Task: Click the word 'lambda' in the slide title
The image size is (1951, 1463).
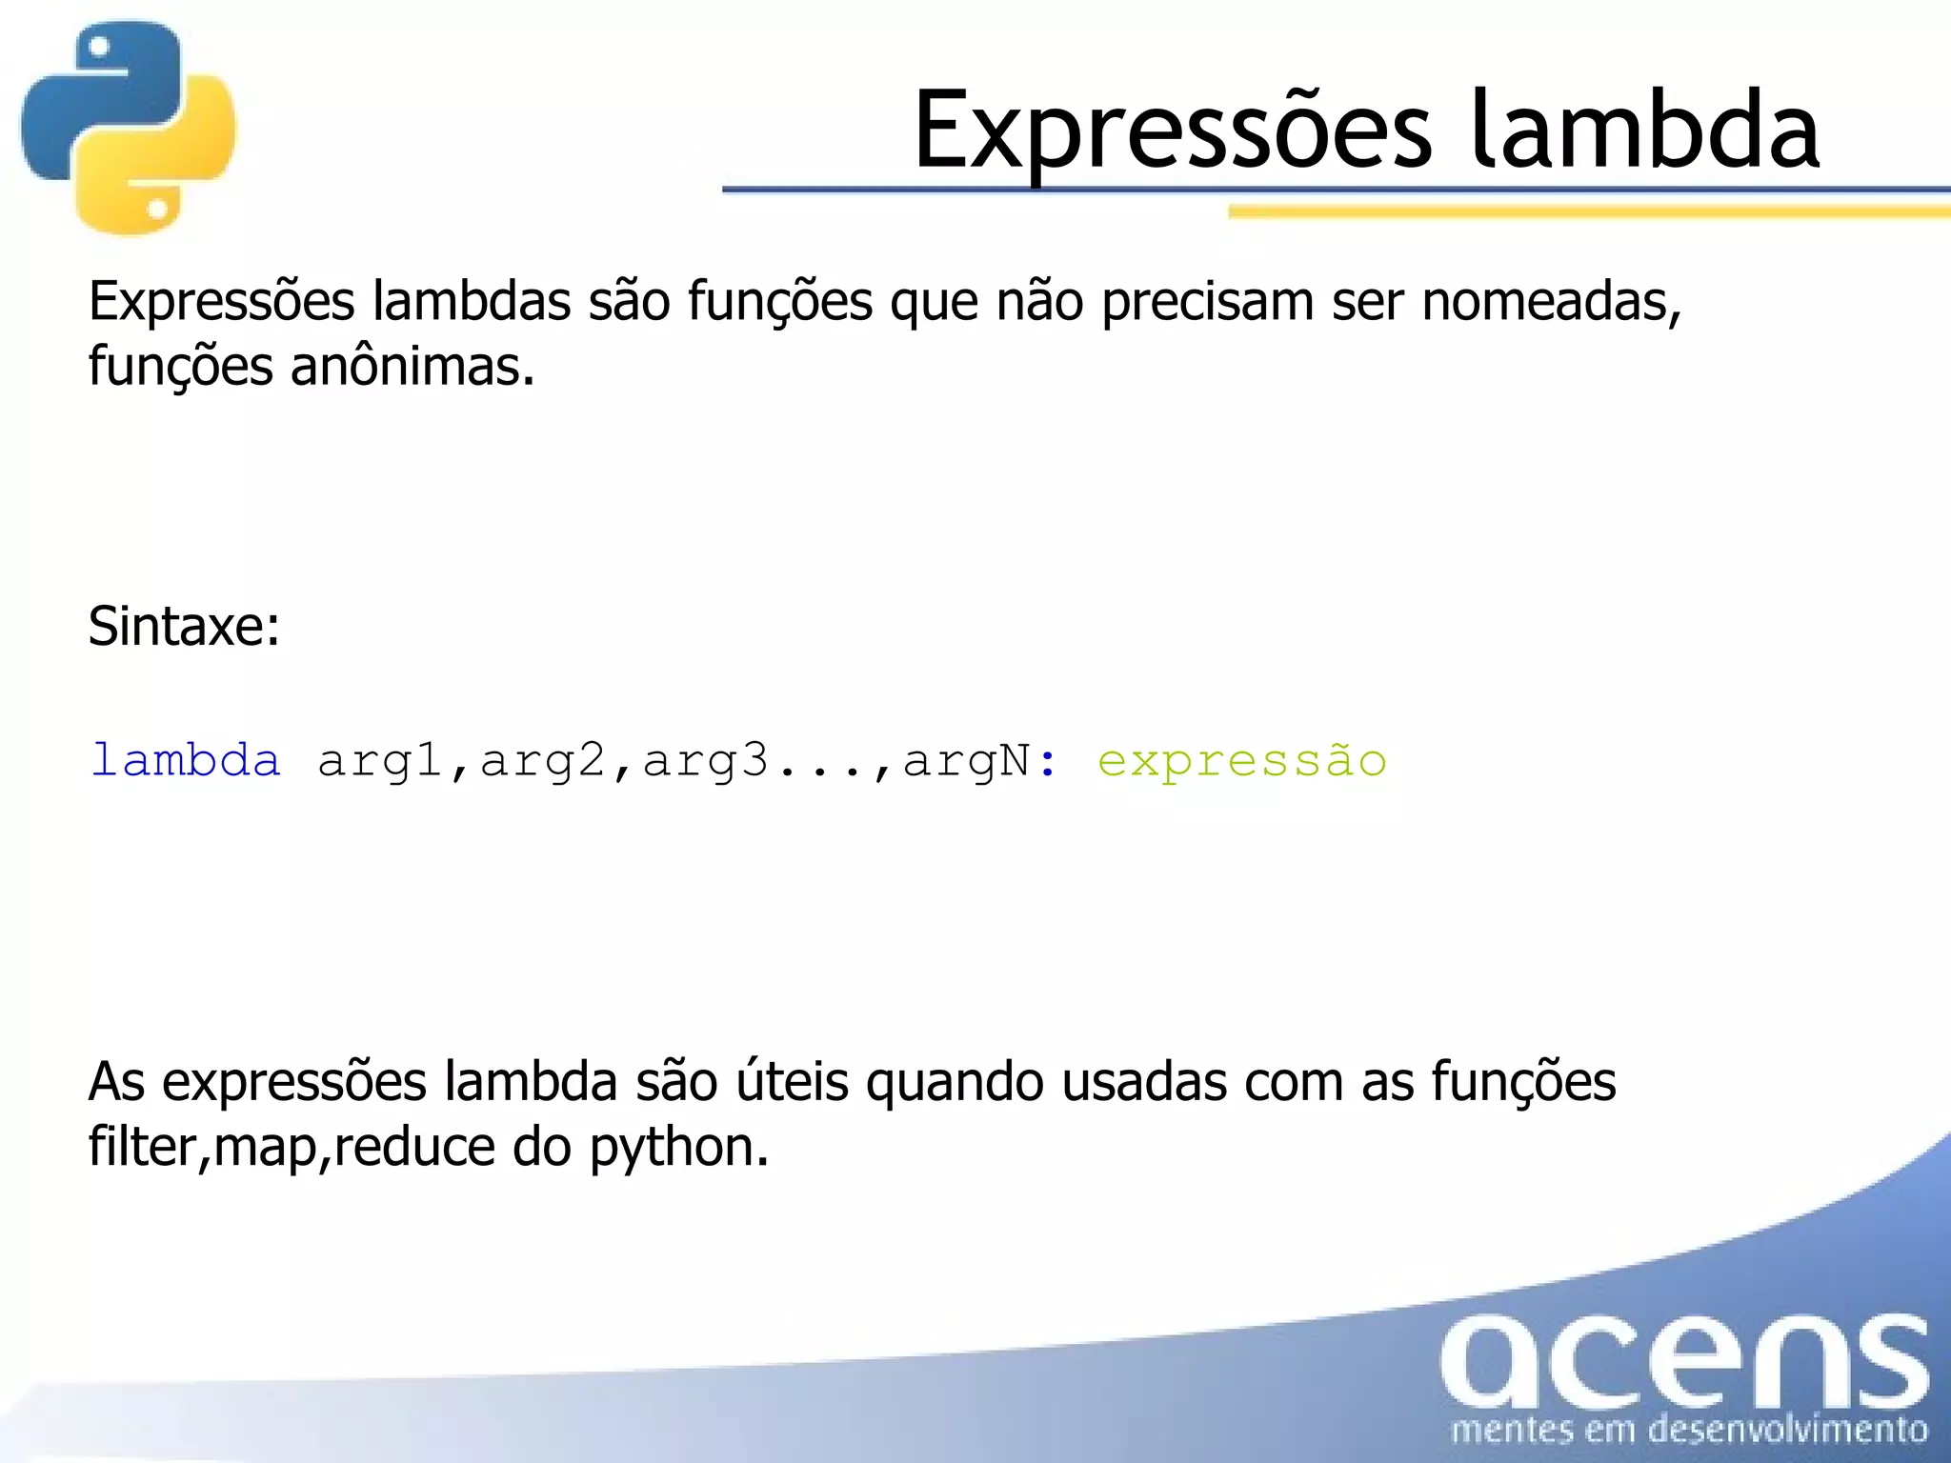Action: click(1644, 130)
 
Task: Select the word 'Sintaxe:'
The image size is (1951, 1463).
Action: click(184, 627)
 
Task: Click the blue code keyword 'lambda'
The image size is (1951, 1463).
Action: click(186, 760)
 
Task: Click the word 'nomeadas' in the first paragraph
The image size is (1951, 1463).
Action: click(1550, 302)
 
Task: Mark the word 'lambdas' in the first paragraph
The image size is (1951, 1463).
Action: click(472, 302)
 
